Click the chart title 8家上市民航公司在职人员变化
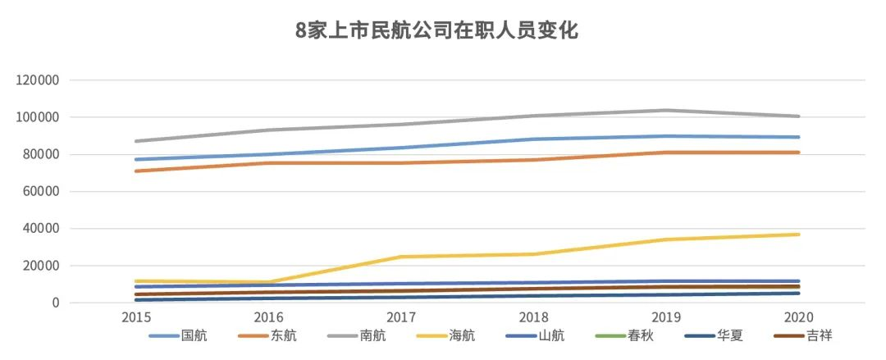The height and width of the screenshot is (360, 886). [437, 31]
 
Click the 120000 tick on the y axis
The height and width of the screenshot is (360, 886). [38, 80]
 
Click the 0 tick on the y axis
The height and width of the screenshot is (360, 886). [55, 303]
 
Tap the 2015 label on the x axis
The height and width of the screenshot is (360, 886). [136, 317]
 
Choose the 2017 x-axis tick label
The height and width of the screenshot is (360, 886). [401, 317]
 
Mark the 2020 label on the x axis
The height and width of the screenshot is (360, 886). [798, 317]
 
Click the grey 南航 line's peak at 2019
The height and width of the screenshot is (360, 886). [666, 110]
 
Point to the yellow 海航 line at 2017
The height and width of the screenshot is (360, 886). [401, 257]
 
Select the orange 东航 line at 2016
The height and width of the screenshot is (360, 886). [269, 163]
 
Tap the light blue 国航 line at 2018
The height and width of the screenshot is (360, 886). [534, 139]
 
